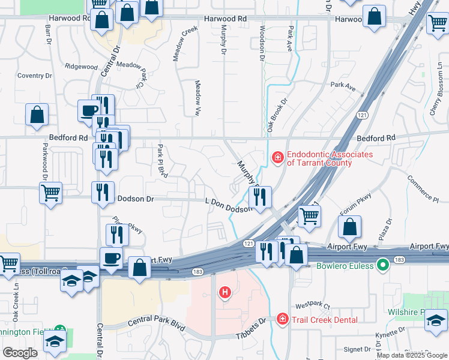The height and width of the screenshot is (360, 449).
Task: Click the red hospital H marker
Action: coord(225,293)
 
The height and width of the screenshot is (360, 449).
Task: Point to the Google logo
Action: coord(20,352)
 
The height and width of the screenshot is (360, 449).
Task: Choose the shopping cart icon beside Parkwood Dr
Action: coord(50,193)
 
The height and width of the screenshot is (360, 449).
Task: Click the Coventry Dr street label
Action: coord(35,76)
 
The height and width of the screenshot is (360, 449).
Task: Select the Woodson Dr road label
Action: coord(262,43)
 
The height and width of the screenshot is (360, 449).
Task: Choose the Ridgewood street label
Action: coord(81,66)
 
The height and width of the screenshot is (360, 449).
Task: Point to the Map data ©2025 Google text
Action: coord(412,355)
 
